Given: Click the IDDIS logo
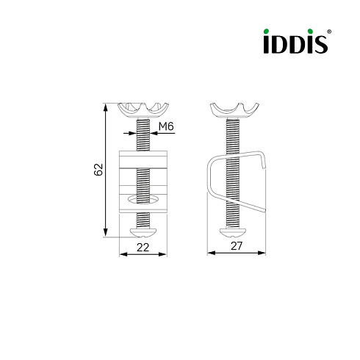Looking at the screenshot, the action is [296, 41].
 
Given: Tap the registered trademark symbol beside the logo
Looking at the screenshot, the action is [329, 32].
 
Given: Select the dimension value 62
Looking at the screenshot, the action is [98, 169].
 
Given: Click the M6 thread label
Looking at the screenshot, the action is [166, 126].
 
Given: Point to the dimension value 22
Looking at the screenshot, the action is [143, 248].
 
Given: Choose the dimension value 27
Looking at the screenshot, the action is [237, 246].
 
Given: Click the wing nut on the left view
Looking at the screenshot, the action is [143, 110].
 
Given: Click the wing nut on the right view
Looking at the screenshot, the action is [234, 111].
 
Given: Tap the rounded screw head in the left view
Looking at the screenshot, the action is [143, 233].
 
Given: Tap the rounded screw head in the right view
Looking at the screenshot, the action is [233, 233].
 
